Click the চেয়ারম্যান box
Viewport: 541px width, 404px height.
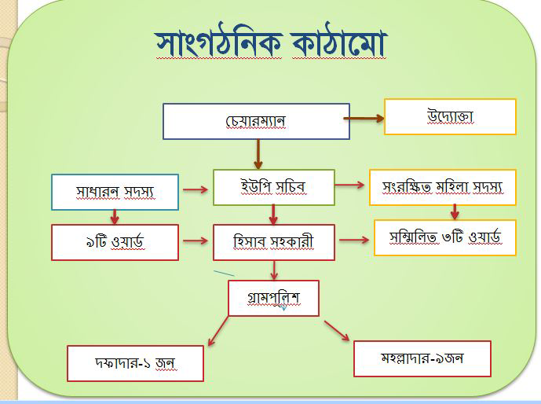256,121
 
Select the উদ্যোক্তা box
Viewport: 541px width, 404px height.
450,116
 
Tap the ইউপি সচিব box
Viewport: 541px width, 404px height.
274,188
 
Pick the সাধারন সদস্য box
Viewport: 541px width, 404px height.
115,192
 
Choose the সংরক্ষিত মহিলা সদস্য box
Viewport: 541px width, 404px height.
443,188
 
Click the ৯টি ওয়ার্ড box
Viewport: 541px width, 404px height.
115,242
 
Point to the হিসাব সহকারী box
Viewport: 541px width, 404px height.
274,242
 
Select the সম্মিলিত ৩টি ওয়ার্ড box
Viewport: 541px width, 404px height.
445,237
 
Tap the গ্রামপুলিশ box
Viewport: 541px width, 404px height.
273,298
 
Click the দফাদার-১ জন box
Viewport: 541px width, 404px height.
135,363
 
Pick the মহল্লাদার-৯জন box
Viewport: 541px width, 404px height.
422,358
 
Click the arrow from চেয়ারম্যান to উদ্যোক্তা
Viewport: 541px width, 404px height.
364,119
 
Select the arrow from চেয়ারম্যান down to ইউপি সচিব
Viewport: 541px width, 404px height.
258,154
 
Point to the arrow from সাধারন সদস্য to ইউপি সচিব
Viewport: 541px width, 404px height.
196,189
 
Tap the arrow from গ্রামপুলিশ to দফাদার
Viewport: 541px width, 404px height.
218,331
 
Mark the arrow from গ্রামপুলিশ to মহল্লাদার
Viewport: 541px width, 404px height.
337,331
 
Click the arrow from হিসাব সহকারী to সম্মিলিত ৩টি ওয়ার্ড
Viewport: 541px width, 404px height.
354,240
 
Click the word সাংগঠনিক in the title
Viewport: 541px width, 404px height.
219,43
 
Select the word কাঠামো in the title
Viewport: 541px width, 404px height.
340,43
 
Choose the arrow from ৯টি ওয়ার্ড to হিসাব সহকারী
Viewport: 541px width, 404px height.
196,241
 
